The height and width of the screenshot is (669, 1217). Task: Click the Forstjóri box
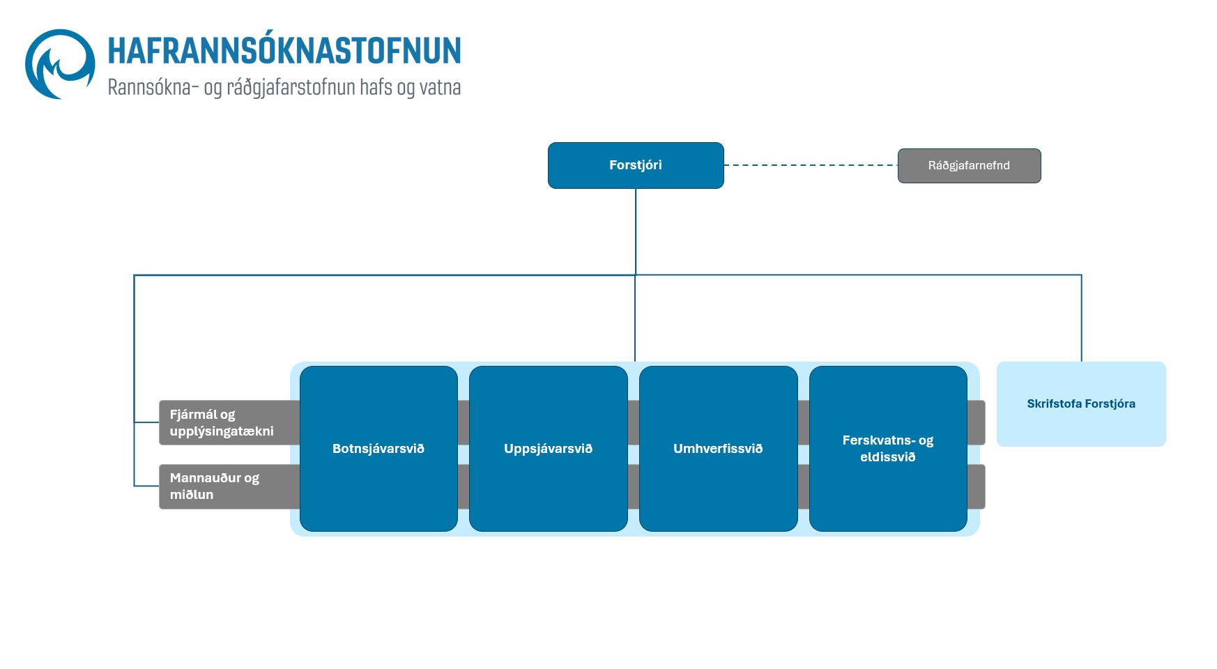tap(636, 165)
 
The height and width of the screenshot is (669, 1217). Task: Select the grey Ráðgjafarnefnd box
tap(969, 166)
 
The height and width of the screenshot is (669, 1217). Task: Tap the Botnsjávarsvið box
tap(378, 449)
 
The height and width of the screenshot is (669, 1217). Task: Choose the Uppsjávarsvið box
tap(549, 449)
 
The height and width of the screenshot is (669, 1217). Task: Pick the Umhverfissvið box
tap(718, 449)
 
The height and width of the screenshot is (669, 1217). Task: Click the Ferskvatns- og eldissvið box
tap(887, 449)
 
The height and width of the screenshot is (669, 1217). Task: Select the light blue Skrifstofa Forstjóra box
tap(1081, 403)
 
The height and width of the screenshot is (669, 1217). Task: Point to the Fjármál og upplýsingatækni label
tap(222, 422)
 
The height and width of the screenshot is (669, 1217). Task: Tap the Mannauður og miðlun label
tap(215, 486)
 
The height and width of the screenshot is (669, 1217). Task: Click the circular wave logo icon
tap(60, 64)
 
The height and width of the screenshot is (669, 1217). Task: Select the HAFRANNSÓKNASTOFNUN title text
tap(284, 51)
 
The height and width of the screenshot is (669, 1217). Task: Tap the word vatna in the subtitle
tap(440, 88)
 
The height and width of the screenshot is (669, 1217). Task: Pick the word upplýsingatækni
tap(222, 431)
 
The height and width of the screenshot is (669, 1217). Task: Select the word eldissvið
tap(887, 457)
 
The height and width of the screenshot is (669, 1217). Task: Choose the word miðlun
tap(192, 495)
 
